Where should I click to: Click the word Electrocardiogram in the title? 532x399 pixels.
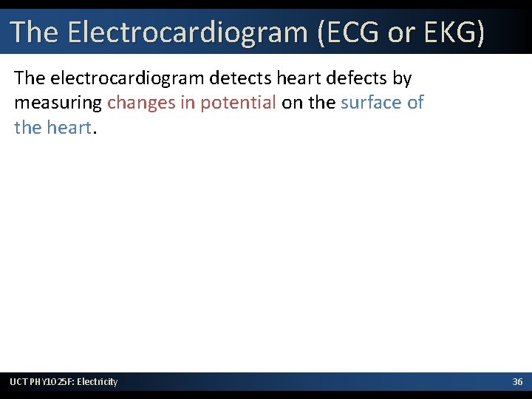[x=187, y=32]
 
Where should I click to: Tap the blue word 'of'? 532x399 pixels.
[x=415, y=102]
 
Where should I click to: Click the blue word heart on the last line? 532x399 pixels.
[x=70, y=127]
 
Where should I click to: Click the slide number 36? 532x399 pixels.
[x=518, y=381]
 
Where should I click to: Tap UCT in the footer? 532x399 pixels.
[x=19, y=381]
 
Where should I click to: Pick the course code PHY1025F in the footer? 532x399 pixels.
[x=52, y=381]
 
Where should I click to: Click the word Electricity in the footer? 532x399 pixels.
[x=98, y=381]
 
